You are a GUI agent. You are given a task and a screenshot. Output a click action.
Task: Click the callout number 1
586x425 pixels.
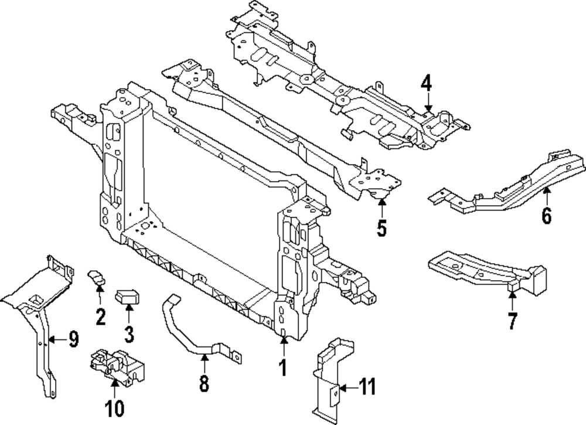click(x=282, y=368)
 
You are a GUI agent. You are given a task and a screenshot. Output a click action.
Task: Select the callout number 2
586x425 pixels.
click(x=100, y=317)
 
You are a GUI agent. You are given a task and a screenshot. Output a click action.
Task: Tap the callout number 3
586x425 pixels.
click(x=129, y=335)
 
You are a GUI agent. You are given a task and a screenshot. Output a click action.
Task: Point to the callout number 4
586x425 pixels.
click(x=426, y=83)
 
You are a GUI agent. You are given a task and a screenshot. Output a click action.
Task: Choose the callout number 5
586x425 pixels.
click(x=381, y=228)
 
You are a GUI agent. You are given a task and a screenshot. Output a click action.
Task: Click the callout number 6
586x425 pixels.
click(x=546, y=216)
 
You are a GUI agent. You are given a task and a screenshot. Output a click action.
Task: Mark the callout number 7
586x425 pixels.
click(x=512, y=321)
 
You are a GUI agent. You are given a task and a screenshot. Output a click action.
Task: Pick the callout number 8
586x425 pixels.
click(x=203, y=384)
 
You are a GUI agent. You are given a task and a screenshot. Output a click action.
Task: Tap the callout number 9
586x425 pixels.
click(x=73, y=339)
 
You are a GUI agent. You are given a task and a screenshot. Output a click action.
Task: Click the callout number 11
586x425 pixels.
click(x=367, y=387)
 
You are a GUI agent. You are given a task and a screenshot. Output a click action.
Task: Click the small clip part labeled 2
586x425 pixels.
click(x=97, y=277)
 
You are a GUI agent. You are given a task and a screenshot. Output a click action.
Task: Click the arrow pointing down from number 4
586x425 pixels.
click(x=428, y=103)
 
